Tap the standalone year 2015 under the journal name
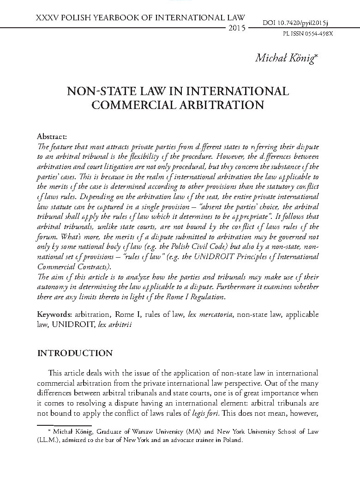pyautogui.click(x=237, y=29)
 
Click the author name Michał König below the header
pyautogui.click(x=285, y=59)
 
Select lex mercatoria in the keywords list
pyautogui.click(x=211, y=315)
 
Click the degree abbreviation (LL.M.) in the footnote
pyautogui.click(x=47, y=440)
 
